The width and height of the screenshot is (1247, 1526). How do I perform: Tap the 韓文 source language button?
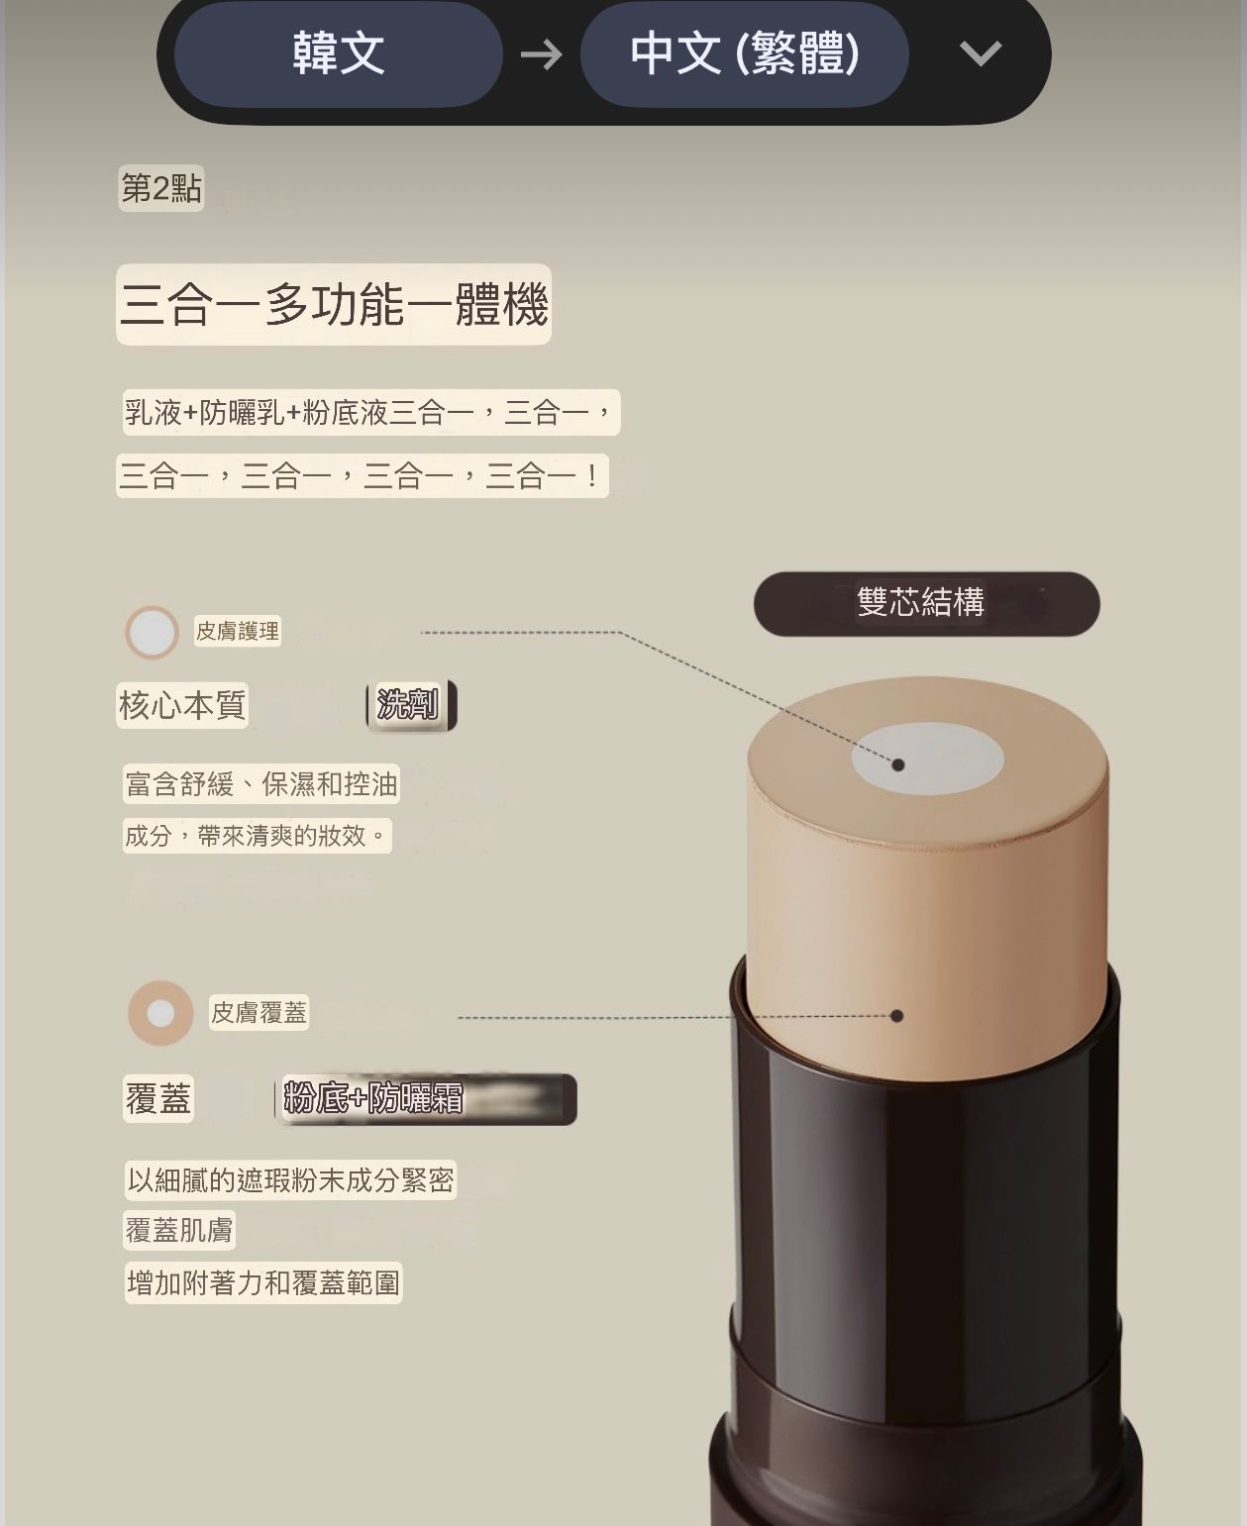pyautogui.click(x=338, y=53)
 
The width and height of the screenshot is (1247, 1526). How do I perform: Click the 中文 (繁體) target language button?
pyautogui.click(x=744, y=53)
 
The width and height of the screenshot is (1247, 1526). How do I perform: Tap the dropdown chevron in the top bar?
pyautogui.click(x=981, y=53)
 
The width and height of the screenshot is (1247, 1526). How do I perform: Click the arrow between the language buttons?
pyautogui.click(x=541, y=54)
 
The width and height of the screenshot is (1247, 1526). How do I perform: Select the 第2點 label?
pyautogui.click(x=160, y=188)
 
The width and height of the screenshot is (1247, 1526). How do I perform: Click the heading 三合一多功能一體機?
pyautogui.click(x=333, y=304)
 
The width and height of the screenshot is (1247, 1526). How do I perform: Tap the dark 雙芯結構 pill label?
pyautogui.click(x=926, y=603)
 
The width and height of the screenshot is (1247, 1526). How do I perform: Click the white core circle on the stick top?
pyautogui.click(x=927, y=760)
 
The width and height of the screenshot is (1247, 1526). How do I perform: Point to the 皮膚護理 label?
pyautogui.click(x=238, y=631)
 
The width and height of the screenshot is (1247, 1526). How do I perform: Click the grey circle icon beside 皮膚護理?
pyautogui.click(x=152, y=632)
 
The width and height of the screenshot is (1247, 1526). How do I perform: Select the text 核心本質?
pyautogui.click(x=182, y=705)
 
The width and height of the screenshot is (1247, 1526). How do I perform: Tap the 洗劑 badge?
pyautogui.click(x=410, y=705)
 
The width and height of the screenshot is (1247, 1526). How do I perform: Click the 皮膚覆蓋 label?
pyautogui.click(x=259, y=1012)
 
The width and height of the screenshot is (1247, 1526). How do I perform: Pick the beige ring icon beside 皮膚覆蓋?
pyautogui.click(x=160, y=1013)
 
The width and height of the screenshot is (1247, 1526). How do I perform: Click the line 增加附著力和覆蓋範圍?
pyautogui.click(x=263, y=1283)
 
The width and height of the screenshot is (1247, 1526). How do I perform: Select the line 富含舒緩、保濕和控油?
pyautogui.click(x=261, y=784)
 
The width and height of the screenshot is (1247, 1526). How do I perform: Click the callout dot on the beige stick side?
pyautogui.click(x=897, y=1016)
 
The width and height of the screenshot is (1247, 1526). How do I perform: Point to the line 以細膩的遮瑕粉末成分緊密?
pyautogui.click(x=290, y=1180)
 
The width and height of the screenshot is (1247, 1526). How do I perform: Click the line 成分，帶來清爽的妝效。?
pyautogui.click(x=256, y=836)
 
